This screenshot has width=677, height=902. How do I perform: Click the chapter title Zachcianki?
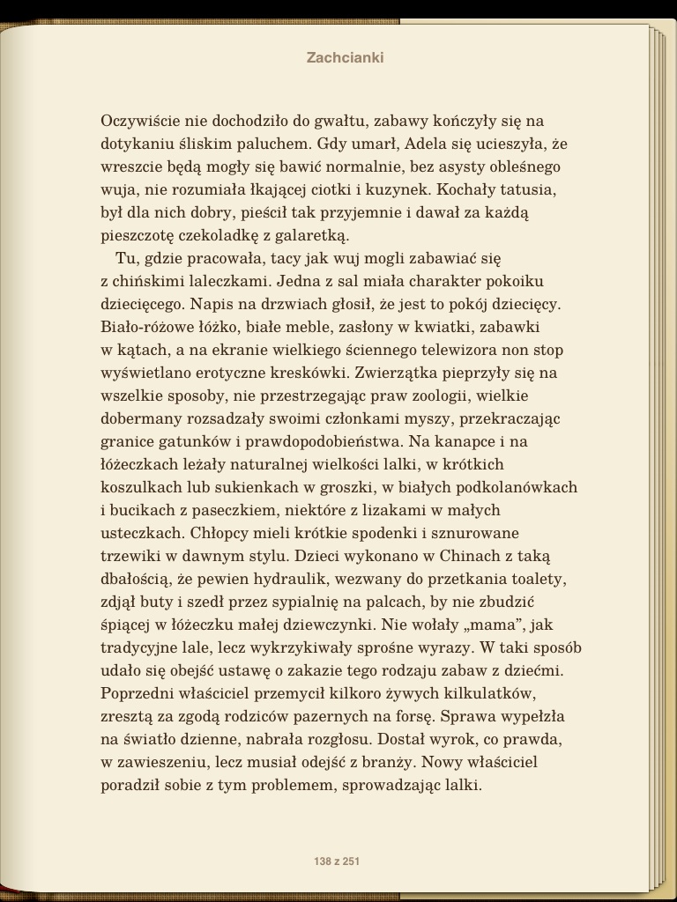pos(345,58)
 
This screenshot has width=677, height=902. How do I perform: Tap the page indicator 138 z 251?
pos(337,861)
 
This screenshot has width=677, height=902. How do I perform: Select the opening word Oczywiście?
pos(139,121)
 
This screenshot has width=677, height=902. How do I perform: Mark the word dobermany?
pos(140,418)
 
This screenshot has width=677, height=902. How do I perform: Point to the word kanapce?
pos(465,441)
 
